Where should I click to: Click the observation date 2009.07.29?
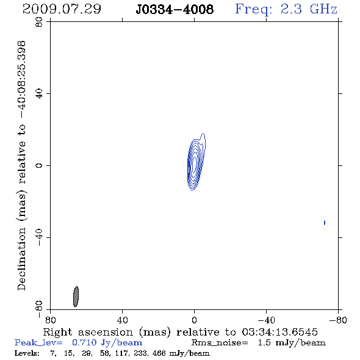point(62,9)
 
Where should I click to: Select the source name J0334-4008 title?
point(175,9)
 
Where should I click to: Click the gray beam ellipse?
point(76,297)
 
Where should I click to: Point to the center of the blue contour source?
point(195,164)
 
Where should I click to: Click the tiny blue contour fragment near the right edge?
point(325,223)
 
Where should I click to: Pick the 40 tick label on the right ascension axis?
point(122,320)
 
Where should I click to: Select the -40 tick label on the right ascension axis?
point(266,320)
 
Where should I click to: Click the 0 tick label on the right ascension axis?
point(194,320)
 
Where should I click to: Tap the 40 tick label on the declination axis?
point(39,94)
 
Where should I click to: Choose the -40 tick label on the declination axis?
point(39,237)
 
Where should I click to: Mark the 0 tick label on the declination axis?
point(39,165)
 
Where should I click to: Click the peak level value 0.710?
point(84,342)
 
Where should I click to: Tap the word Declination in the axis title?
point(21,259)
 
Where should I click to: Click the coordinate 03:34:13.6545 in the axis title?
point(279,332)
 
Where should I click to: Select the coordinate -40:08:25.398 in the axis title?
point(22,79)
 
